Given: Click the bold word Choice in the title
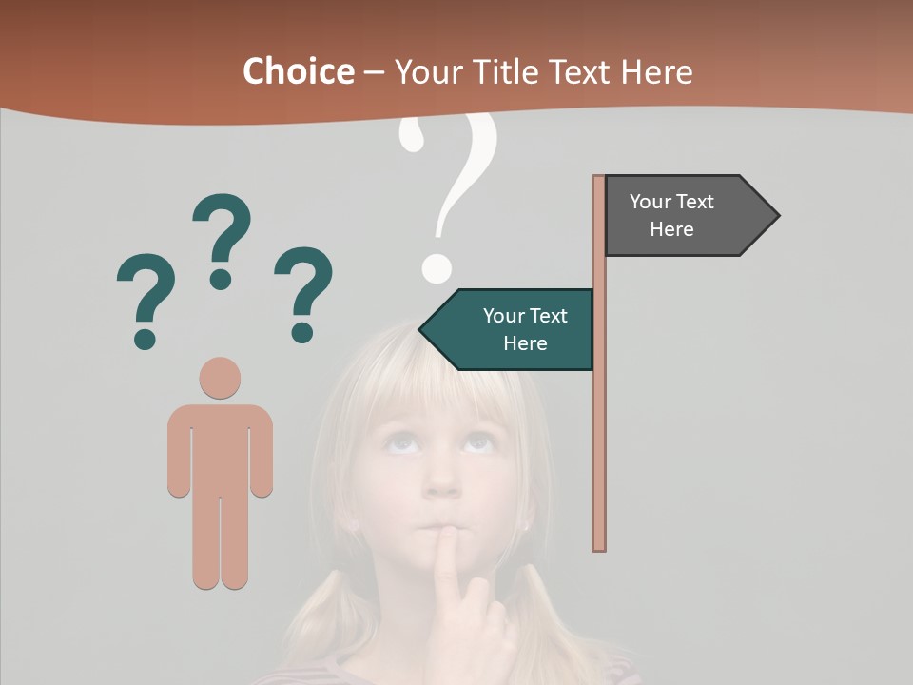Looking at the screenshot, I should pyautogui.click(x=298, y=71).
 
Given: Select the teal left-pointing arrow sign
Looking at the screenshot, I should pyautogui.click(x=514, y=329).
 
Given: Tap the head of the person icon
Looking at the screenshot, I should pyautogui.click(x=220, y=378).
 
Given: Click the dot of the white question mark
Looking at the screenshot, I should pyautogui.click(x=436, y=268).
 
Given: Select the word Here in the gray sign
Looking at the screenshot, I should pyautogui.click(x=671, y=229).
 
